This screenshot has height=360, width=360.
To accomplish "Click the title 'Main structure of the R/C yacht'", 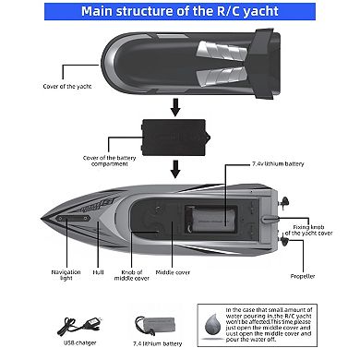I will coord(179,11).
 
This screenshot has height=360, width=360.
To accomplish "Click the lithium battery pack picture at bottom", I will coord(150,325).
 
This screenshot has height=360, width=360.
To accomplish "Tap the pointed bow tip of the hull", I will coord(45,219).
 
